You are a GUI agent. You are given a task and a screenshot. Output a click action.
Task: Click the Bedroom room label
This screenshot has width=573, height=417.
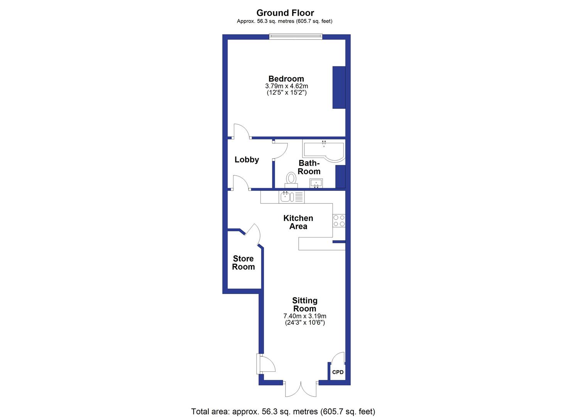point(286,79)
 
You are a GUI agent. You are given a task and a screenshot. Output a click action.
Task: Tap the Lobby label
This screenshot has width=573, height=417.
point(247,159)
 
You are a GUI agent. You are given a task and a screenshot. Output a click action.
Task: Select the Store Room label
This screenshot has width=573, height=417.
point(243,263)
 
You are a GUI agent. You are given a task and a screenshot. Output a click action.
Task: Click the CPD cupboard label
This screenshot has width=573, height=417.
point(338,372)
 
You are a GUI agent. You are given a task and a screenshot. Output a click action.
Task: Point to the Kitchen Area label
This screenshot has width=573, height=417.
point(298,222)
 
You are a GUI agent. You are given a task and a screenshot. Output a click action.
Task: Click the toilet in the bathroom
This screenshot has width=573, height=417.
point(291,180)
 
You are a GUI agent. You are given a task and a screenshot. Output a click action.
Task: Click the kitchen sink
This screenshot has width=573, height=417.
point(286,197)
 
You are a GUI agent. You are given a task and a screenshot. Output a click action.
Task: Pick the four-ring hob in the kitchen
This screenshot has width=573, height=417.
point(339,220)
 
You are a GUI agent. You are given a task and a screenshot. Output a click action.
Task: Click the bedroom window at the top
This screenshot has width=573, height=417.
point(296,36)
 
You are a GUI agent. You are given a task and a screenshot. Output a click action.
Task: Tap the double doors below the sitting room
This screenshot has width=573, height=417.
point(301,389)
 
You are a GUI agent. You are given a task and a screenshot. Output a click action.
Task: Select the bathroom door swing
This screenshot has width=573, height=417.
point(281,150)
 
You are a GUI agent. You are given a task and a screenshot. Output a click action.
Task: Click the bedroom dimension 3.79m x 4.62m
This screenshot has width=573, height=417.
point(286,86)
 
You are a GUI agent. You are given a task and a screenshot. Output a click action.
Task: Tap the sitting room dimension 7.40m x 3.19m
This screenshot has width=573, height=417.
point(304,316)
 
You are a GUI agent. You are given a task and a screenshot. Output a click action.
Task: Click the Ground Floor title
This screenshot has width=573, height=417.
point(285,13)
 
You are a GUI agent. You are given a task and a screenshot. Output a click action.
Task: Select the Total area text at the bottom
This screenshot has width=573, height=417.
point(283,412)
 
